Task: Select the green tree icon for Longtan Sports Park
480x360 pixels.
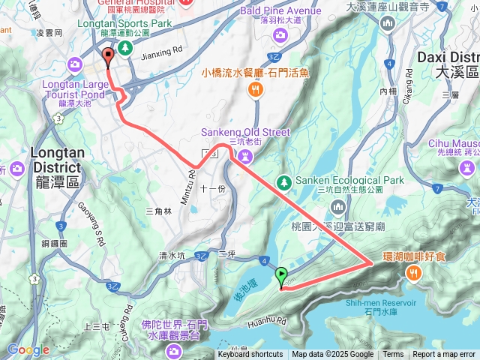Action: (x=126, y=48)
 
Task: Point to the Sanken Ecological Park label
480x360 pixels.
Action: (x=349, y=180)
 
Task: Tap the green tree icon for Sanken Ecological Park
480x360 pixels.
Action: (x=283, y=181)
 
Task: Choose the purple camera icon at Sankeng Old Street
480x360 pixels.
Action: (x=244, y=155)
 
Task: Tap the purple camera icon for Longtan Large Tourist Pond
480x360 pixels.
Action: (x=75, y=64)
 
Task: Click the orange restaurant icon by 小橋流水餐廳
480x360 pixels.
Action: (x=255, y=89)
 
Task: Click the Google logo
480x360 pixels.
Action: (x=28, y=349)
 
